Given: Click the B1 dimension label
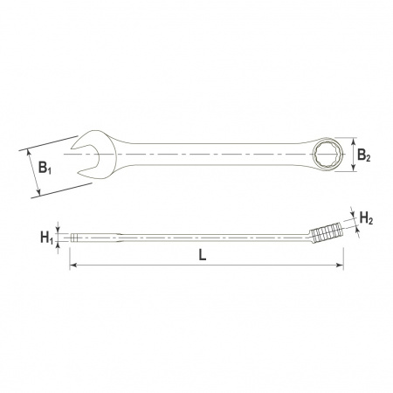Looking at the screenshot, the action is tap(45, 168).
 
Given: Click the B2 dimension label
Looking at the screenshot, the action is tap(364, 155).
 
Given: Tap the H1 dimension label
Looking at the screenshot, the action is tap(47, 238).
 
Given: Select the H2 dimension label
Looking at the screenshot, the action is tap(366, 217).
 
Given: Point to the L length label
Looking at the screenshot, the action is tap(203, 255).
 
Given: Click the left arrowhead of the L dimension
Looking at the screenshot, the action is tap(73, 265).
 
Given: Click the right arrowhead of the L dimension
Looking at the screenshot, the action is tap(340, 265).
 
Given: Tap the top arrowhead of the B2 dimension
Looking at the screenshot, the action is tap(354, 141).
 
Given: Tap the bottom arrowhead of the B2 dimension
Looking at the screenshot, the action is tap(354, 168).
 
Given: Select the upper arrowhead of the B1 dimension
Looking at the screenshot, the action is tap(30, 152).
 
